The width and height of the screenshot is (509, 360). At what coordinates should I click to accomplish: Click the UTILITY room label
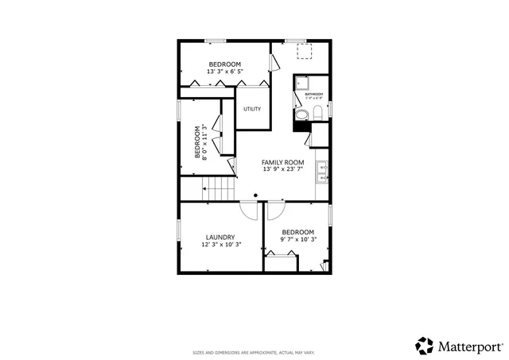252,109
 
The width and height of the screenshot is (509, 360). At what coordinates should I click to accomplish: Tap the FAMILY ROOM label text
283,162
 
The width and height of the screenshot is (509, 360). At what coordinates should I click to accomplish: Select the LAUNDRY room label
220,237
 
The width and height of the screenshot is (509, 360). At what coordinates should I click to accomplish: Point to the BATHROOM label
313,94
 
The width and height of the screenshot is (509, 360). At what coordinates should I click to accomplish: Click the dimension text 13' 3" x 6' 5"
225,72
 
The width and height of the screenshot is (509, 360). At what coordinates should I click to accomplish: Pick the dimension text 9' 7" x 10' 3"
298,239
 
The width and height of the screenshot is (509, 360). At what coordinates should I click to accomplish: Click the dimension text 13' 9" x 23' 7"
283,169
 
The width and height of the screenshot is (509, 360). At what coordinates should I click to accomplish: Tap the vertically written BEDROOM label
197,141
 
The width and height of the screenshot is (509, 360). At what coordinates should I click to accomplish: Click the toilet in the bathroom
316,114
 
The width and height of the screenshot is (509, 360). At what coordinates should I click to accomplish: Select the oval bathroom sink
301,116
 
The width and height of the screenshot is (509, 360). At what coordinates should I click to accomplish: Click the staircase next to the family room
221,189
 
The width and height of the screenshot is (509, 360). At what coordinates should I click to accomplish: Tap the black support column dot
255,195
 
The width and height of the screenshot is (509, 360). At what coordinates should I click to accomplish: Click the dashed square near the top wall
304,52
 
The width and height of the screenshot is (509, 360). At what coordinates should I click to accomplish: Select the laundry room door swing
249,210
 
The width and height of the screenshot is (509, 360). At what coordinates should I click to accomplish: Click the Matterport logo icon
424,346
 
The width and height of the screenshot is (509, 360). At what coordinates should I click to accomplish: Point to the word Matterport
468,346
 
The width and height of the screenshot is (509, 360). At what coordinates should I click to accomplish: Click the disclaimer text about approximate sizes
254,352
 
